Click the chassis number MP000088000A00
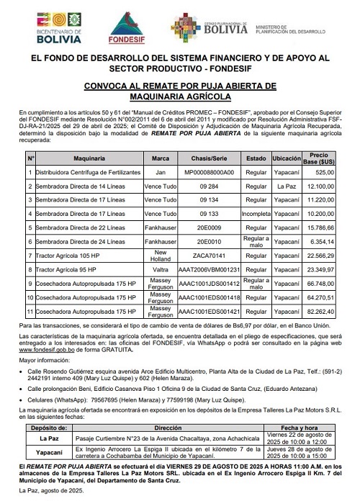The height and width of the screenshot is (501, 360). [209, 172]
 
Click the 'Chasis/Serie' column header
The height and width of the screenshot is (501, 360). [209, 156]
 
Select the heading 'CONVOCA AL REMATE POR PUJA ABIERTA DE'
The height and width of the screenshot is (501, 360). [179, 86]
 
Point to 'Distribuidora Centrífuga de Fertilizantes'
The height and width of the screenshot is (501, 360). [83, 172]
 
